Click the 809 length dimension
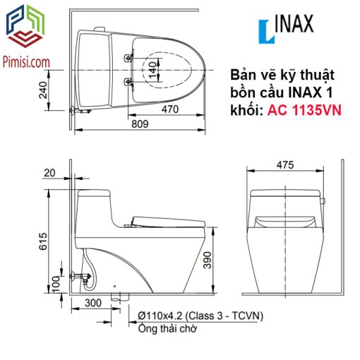click(x=140, y=124)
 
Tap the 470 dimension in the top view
click(x=170, y=109)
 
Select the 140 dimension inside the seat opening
click(x=153, y=70)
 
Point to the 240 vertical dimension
click(x=43, y=90)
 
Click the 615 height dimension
click(x=43, y=241)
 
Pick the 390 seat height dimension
click(x=208, y=260)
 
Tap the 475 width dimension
click(x=285, y=165)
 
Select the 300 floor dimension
click(x=93, y=303)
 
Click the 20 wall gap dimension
click(x=49, y=173)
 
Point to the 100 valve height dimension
click(x=56, y=284)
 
